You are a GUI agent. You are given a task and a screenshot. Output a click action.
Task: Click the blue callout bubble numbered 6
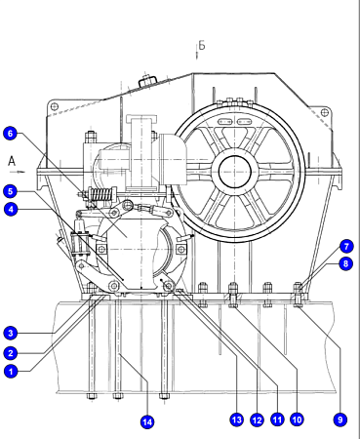10,134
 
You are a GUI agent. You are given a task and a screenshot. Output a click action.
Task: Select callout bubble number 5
10,191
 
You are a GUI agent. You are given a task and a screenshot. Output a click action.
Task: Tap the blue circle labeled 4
11,209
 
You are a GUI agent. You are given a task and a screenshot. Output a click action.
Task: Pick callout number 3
11,334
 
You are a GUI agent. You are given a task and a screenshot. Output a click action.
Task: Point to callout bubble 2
11,353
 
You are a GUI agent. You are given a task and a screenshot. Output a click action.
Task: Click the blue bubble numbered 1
11,371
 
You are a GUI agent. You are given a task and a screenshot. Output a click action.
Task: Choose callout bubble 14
147,422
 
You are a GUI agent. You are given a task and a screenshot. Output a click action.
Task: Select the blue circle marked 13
237,419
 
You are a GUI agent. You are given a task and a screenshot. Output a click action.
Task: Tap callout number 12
257,420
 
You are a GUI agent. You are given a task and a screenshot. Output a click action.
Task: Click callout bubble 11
277,419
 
